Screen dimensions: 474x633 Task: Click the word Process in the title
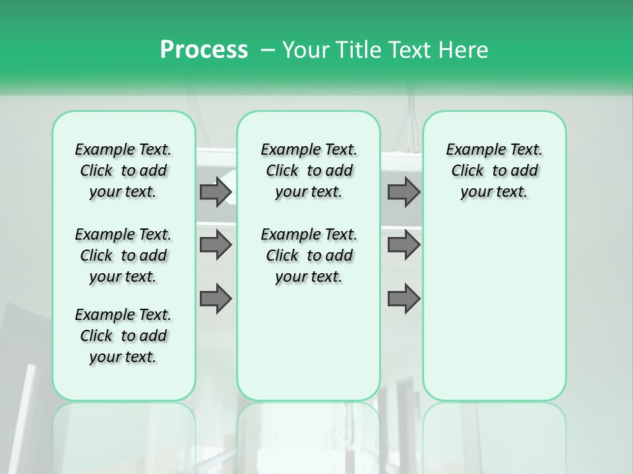tap(204, 50)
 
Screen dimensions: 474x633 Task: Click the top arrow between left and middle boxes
tap(216, 192)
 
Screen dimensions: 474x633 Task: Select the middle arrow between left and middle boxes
tap(216, 246)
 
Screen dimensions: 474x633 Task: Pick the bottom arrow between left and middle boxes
tap(216, 299)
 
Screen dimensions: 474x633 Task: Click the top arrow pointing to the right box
tap(404, 192)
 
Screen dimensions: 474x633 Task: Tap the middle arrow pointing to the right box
tap(404, 246)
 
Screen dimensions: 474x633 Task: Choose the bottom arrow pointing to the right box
tap(404, 299)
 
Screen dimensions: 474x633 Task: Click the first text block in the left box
tap(123, 171)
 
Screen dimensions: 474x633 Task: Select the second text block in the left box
tap(123, 255)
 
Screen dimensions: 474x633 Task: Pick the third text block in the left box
tap(123, 336)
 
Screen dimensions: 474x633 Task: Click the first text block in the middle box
tap(309, 171)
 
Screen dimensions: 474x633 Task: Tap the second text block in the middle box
tap(309, 255)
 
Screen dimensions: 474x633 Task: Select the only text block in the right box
tap(494, 171)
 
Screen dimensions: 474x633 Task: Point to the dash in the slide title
tap(267, 50)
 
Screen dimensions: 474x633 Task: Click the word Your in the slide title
tap(305, 50)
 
